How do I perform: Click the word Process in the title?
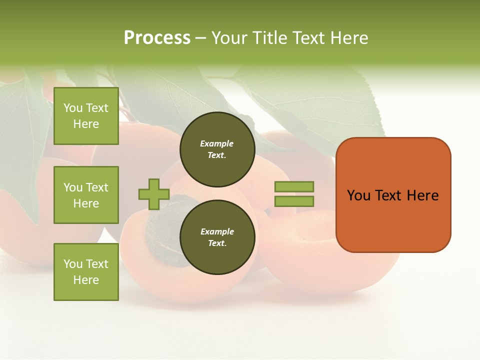tap(157, 38)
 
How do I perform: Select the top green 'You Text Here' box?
tap(86, 116)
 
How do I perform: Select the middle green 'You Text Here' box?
tap(86, 195)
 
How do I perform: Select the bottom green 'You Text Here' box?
tap(86, 271)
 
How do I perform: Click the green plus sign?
tap(154, 194)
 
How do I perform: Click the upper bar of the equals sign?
tap(294, 186)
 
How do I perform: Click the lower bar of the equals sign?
tap(294, 201)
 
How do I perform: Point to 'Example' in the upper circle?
tap(217, 143)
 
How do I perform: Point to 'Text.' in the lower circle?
tap(217, 243)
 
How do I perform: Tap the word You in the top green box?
tap(73, 108)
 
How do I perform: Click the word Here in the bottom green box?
tap(86, 280)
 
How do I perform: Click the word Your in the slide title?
tap(231, 38)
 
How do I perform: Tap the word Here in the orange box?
tap(422, 195)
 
